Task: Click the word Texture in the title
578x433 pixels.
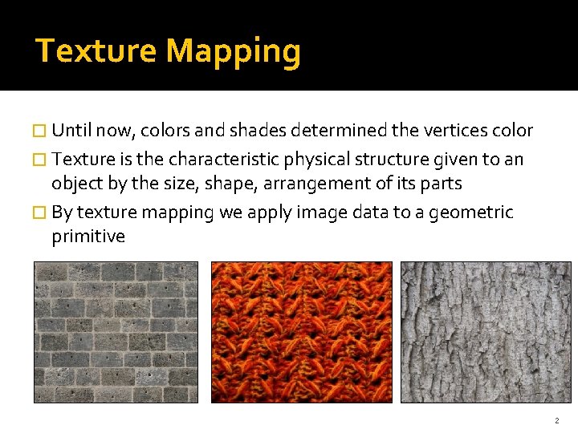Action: (96, 51)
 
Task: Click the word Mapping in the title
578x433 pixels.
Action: (234, 52)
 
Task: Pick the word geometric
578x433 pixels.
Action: (472, 212)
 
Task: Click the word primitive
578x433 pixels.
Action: (88, 237)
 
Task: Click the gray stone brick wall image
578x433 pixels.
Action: (116, 332)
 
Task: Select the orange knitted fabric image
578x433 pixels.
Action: (301, 332)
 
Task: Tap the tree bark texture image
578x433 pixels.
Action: (486, 332)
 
